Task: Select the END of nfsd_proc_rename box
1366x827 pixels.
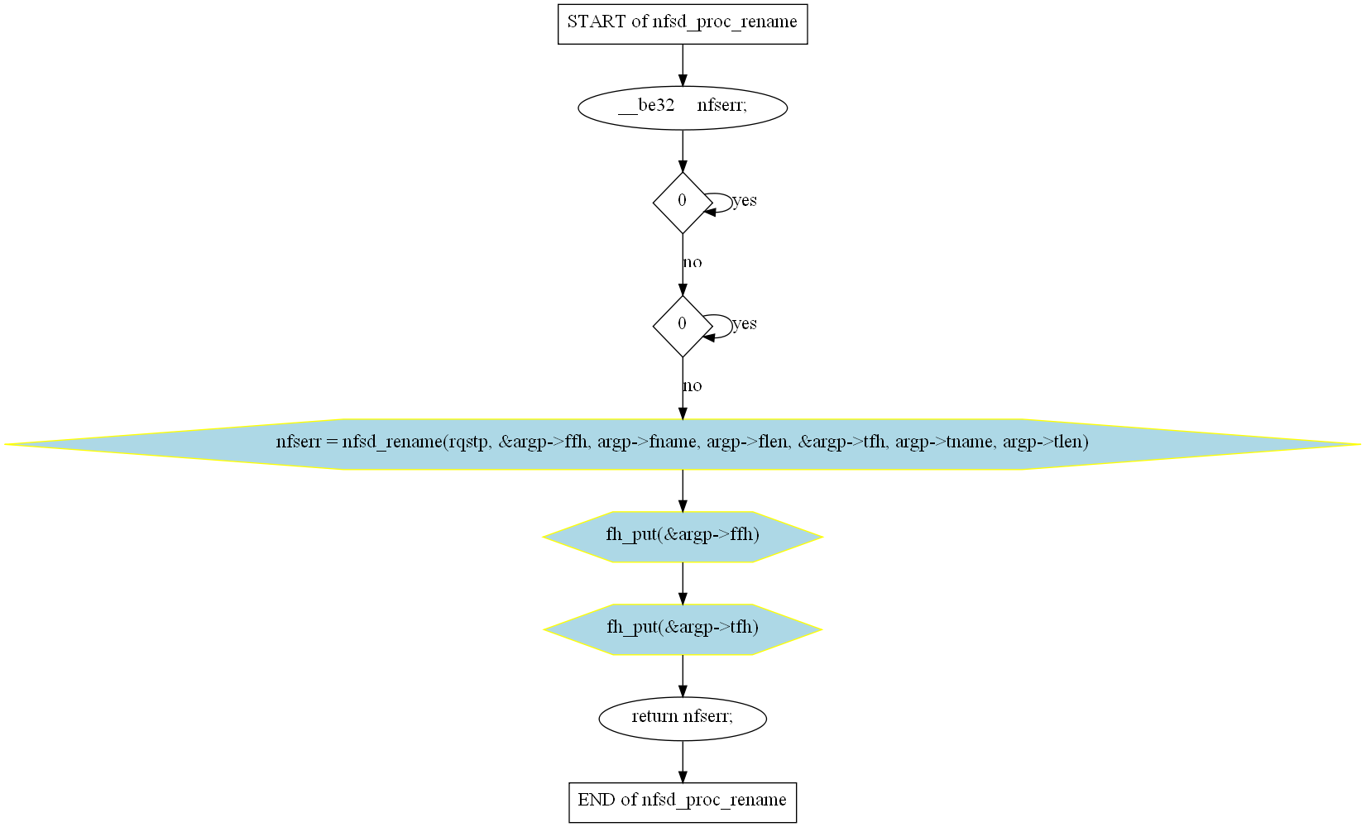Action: pos(683,802)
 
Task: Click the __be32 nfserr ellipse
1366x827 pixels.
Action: pos(683,108)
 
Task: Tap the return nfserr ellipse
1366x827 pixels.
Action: pos(683,719)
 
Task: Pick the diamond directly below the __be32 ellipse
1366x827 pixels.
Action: pos(683,203)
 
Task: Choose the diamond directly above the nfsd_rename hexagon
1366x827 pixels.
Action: pos(683,326)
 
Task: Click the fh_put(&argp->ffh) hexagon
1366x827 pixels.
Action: pos(683,537)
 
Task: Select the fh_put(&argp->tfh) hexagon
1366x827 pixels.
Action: pos(683,629)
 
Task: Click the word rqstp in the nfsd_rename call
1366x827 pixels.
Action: pos(470,442)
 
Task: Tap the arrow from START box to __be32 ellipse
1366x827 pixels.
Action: pos(683,65)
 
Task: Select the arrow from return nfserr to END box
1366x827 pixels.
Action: pos(683,762)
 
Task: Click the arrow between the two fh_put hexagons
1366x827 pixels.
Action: pos(683,583)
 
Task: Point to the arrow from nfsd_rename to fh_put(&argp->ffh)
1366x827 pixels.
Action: pos(683,490)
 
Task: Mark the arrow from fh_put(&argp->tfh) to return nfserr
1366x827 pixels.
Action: pos(683,676)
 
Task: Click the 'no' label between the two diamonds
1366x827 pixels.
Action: pos(693,263)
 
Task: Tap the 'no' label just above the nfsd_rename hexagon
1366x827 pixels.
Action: pos(693,385)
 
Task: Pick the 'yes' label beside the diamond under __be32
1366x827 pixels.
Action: pos(745,200)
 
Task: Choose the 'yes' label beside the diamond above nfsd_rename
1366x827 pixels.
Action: pos(745,323)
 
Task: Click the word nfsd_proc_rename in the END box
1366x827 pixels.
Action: pos(713,801)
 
